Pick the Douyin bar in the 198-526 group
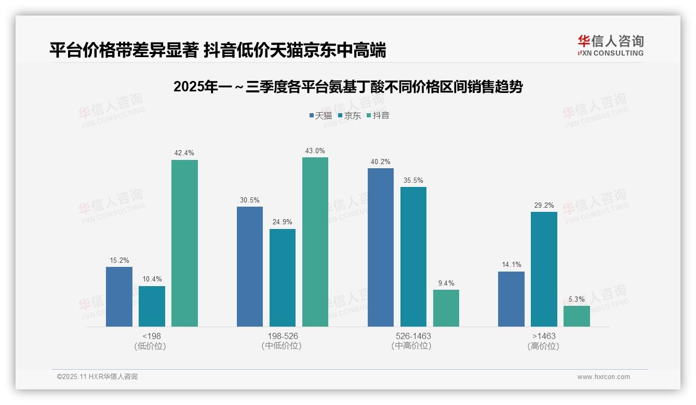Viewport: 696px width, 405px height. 315,242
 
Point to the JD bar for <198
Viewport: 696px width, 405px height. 152,306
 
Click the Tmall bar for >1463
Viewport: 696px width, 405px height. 511,299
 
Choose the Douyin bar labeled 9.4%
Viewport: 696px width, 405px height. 446,308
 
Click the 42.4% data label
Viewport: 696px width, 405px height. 184,153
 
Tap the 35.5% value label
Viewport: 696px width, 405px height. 413,180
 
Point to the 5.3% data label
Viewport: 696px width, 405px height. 577,299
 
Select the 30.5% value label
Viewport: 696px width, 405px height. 250,200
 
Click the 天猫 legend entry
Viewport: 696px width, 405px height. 320,115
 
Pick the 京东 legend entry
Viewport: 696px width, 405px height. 349,115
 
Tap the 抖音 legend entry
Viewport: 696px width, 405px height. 378,115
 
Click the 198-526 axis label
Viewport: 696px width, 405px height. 283,336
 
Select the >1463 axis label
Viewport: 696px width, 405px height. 544,336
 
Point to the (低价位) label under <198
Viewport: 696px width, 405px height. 152,346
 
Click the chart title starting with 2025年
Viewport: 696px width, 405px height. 348,87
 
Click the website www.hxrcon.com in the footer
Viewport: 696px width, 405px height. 604,377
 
